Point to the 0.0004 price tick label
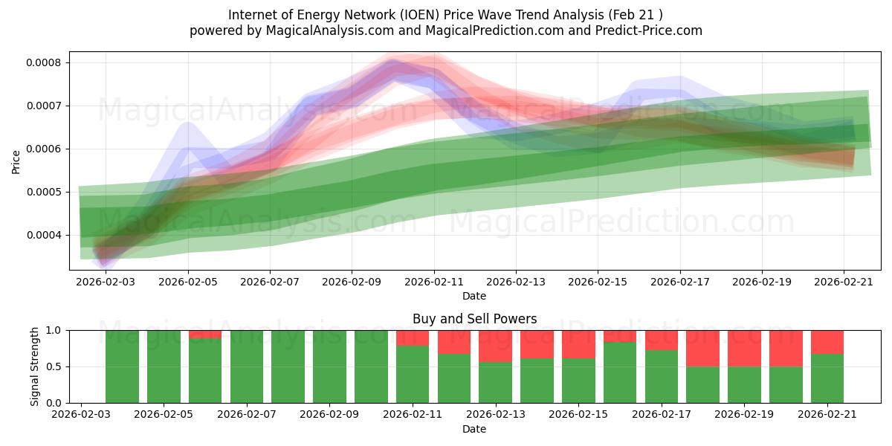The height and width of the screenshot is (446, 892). pos(43,236)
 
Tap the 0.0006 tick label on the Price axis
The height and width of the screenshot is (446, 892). pos(43,149)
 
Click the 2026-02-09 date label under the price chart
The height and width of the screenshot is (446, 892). pos(352,282)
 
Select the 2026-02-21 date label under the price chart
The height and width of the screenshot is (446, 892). pos(844,282)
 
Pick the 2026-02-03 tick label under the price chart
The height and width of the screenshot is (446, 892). pos(106,282)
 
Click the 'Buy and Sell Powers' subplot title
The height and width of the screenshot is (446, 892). pos(475,319)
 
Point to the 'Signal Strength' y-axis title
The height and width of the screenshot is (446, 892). pos(35,366)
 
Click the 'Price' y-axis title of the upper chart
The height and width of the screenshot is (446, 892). pos(16,162)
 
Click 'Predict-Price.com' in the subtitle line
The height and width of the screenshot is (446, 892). pos(649,30)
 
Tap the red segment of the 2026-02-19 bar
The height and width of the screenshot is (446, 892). pos(744,349)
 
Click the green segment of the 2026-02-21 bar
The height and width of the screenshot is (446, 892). pos(827,378)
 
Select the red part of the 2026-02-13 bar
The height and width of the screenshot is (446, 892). pos(495,346)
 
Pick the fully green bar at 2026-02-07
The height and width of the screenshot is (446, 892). pos(247,366)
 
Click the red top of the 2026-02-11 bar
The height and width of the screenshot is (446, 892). pos(413,338)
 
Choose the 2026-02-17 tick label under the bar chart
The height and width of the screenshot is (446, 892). pos(662,415)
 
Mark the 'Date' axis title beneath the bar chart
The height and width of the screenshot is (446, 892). pos(474,430)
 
